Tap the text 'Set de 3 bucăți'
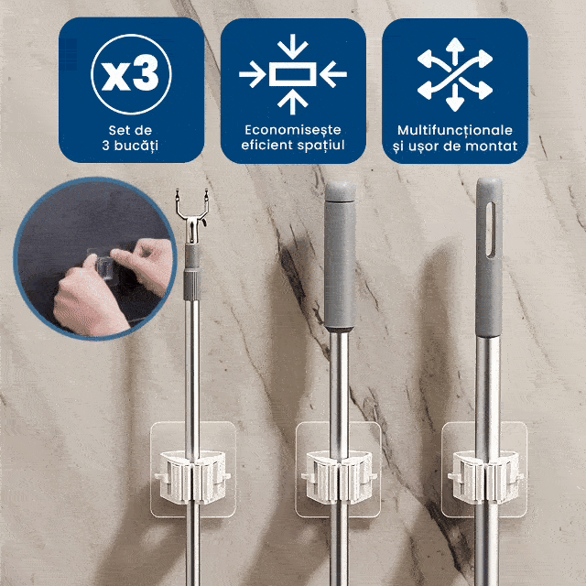[x=130, y=137]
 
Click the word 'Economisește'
[x=293, y=130]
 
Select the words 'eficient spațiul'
[x=293, y=145]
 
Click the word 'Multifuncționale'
[x=455, y=130]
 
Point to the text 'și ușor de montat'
[x=455, y=146]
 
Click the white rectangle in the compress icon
[x=293, y=74]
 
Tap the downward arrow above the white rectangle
[x=293, y=47]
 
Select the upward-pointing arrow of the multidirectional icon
[x=455, y=50]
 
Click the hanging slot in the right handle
[x=490, y=229]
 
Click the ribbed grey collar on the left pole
[x=192, y=286]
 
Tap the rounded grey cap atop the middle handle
[x=340, y=191]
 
